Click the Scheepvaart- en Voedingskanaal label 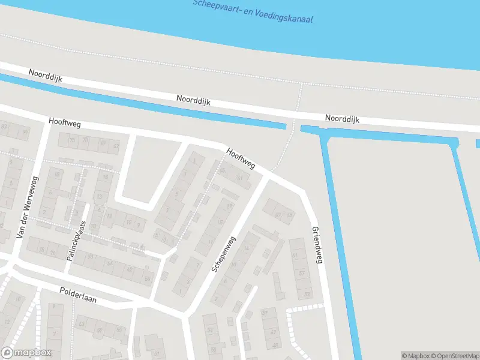[253, 11]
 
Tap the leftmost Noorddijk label [46, 76]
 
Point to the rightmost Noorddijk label [342, 119]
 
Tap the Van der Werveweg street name [28, 206]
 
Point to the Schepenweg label [224, 254]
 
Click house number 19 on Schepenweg [230, 206]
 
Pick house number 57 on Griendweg [302, 274]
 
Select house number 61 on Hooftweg [240, 178]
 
